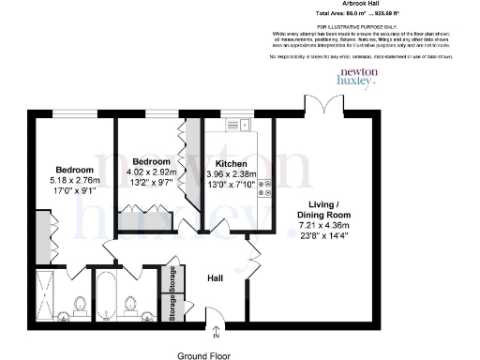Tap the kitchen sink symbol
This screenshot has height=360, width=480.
pos(235,124)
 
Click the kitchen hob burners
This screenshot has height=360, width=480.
pos(265,188)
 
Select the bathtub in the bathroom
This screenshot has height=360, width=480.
pos(107,296)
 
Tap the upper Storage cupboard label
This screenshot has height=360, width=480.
pos(172,279)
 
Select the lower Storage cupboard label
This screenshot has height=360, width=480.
pos(172,308)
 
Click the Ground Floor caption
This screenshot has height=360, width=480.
pos(203,355)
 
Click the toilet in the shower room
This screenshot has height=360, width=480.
pos(80,306)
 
